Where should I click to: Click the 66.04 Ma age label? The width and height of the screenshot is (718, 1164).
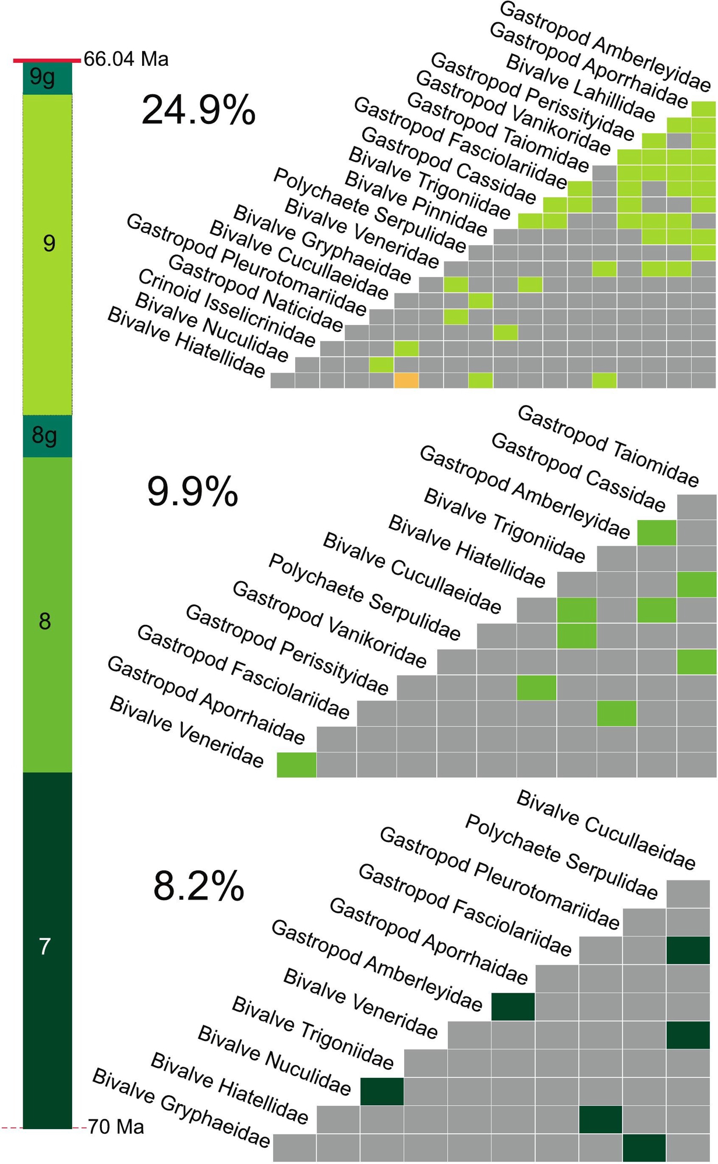coord(126,59)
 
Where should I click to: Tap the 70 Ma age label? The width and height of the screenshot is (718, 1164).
coord(116,1127)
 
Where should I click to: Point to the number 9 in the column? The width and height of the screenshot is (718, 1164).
coord(49,243)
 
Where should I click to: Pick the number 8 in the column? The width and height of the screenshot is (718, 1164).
coord(45,621)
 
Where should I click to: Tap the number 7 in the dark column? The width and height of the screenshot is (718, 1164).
coord(45,947)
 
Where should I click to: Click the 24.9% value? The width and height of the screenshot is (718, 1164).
coord(198,109)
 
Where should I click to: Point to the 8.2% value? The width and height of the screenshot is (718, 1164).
coord(198,886)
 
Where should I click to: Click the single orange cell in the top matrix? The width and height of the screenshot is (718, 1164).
coord(406,380)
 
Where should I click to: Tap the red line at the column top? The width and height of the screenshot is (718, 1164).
coord(47,60)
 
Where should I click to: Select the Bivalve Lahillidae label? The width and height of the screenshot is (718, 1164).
coord(580,88)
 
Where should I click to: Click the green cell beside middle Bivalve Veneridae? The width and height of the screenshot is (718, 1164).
coord(296,765)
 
